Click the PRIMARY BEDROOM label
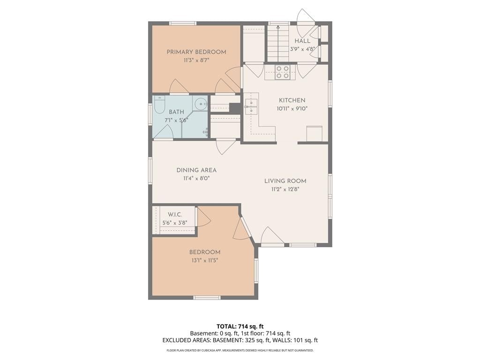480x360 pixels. pyautogui.click(x=196, y=52)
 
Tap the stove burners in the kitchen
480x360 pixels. pyautogui.click(x=282, y=72)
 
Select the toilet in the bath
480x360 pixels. pyautogui.click(x=159, y=105)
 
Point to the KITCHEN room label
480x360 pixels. pyautogui.click(x=292, y=100)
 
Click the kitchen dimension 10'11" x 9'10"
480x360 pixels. pyautogui.click(x=292, y=108)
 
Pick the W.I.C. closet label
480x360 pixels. pyautogui.click(x=174, y=215)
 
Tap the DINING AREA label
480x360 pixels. pyautogui.click(x=196, y=170)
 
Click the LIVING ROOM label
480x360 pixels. pyautogui.click(x=285, y=181)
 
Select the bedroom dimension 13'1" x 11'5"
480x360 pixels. pyautogui.click(x=205, y=261)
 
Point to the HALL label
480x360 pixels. pyautogui.click(x=302, y=41)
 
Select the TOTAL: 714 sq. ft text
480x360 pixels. pyautogui.click(x=240, y=326)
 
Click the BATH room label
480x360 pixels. pyautogui.click(x=176, y=112)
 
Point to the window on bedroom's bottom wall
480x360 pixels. pyautogui.click(x=207, y=298)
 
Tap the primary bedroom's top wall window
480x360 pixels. pyautogui.click(x=183, y=23)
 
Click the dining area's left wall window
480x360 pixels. pyautogui.click(x=150, y=171)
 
